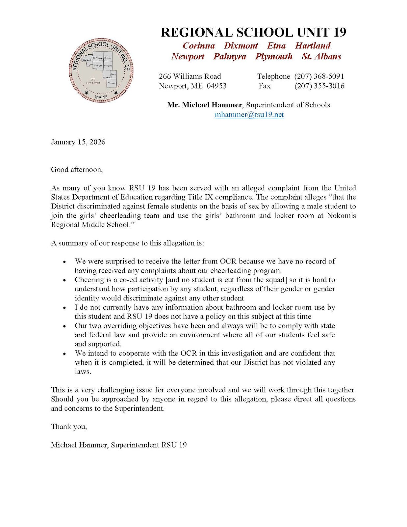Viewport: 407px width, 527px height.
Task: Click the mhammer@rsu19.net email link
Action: (x=249, y=115)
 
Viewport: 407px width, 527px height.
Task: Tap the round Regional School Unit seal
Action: (x=101, y=70)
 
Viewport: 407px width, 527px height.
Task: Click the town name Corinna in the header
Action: (x=199, y=46)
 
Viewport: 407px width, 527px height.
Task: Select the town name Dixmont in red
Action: (x=241, y=46)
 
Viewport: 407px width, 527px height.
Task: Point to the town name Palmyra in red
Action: (x=230, y=57)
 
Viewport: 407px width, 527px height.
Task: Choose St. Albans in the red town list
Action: (x=321, y=57)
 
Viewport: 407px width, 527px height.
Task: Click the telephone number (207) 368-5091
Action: (x=319, y=76)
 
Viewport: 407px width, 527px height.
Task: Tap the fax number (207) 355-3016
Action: (x=319, y=86)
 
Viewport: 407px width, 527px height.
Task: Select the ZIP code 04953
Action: (x=216, y=86)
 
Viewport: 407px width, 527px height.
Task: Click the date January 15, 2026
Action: (x=78, y=142)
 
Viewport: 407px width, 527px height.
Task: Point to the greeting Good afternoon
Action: (x=77, y=170)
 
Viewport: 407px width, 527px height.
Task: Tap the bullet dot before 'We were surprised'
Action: (x=64, y=262)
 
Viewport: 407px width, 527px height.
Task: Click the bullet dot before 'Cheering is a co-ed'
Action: (x=64, y=280)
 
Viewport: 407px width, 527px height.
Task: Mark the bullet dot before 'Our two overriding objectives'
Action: (x=64, y=326)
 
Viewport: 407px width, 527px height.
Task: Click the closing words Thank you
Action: (x=69, y=427)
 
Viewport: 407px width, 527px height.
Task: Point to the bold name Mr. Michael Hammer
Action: (x=204, y=105)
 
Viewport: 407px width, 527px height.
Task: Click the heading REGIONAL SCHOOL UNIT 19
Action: (x=253, y=32)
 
